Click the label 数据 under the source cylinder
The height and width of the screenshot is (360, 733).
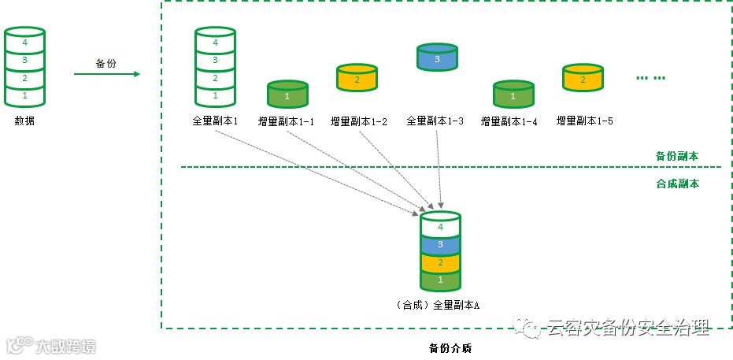pyautogui.click(x=24, y=121)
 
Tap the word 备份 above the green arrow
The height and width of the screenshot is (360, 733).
pyautogui.click(x=106, y=63)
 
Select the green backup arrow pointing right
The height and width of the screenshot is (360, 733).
pyautogui.click(x=106, y=75)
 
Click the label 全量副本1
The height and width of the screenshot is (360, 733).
pyautogui.click(x=215, y=121)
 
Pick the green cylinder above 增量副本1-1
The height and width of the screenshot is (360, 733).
pyautogui.click(x=287, y=95)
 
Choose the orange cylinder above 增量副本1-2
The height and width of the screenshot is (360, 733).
pyautogui.click(x=357, y=79)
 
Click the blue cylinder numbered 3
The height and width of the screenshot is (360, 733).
pyautogui.click(x=438, y=58)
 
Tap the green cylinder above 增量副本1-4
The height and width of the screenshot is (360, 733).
pyautogui.click(x=513, y=95)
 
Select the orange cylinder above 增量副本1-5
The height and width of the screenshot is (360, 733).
pyautogui.click(x=583, y=78)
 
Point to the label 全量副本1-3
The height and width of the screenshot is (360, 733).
pyautogui.click(x=435, y=121)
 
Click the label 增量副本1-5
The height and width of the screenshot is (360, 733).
pyautogui.click(x=584, y=121)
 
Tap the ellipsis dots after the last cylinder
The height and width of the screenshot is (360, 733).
pyautogui.click(x=650, y=78)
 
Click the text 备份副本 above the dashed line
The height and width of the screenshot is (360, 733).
pyautogui.click(x=676, y=156)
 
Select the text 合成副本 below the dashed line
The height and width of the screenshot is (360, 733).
pyautogui.click(x=676, y=184)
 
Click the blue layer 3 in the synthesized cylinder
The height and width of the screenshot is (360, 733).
pyautogui.click(x=440, y=245)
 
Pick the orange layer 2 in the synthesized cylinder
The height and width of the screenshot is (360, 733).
pyautogui.click(x=440, y=262)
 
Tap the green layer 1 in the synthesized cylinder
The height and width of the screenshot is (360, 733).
pyautogui.click(x=440, y=280)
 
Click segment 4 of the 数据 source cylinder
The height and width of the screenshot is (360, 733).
pyautogui.click(x=24, y=41)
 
